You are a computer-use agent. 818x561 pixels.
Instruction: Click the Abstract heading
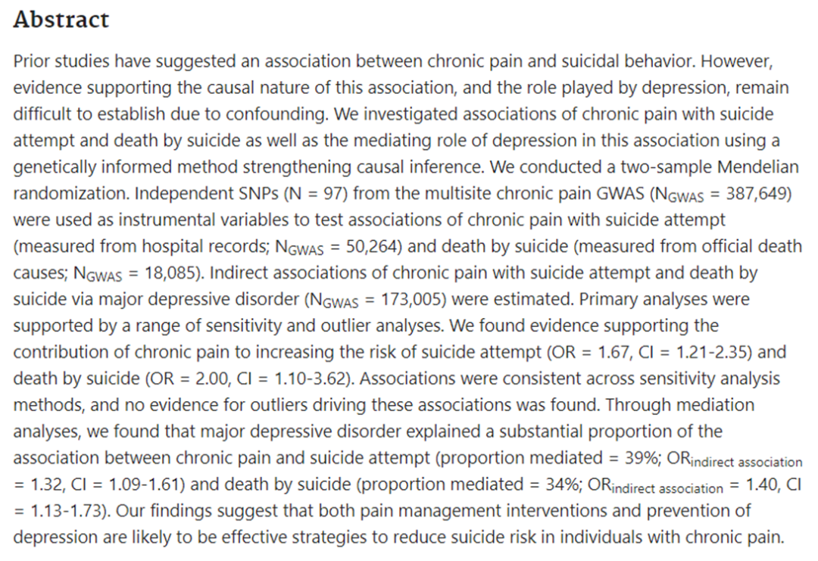click(61, 20)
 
